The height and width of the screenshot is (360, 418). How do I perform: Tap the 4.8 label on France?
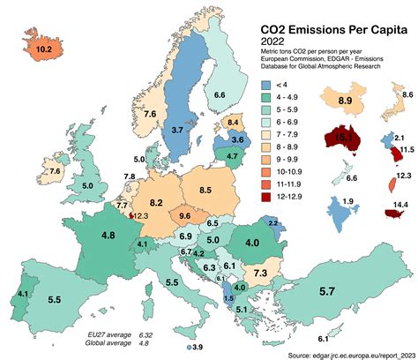click(108, 236)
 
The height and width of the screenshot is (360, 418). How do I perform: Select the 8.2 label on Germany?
click(159, 190)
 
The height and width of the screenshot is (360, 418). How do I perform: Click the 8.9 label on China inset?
click(345, 103)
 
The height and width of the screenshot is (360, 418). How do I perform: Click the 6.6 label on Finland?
click(220, 94)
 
